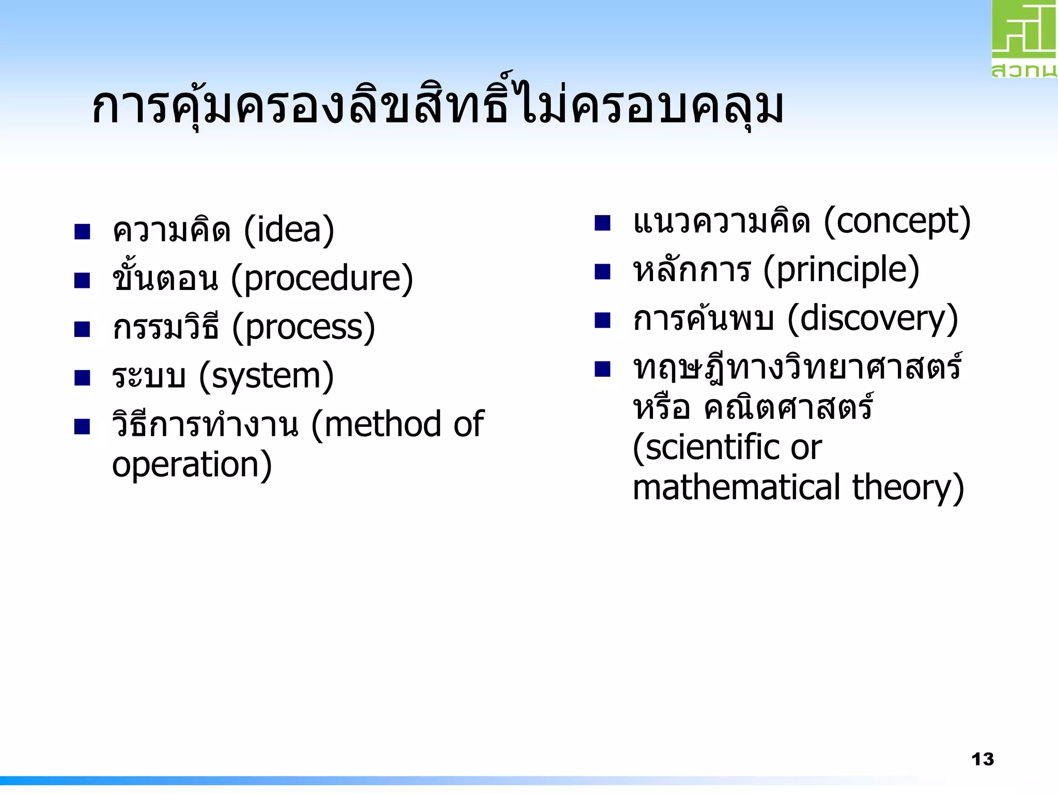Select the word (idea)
point(289,230)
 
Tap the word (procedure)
point(322,279)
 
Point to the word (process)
point(303,328)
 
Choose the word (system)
point(267,376)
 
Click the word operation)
point(192,465)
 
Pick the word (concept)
point(897,222)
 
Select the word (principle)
point(841,270)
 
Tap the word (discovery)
point(873,319)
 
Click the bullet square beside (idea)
point(82,232)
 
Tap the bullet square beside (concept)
point(602,223)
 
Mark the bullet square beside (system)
point(82,378)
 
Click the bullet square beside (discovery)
point(602,320)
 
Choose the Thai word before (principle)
point(692,270)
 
